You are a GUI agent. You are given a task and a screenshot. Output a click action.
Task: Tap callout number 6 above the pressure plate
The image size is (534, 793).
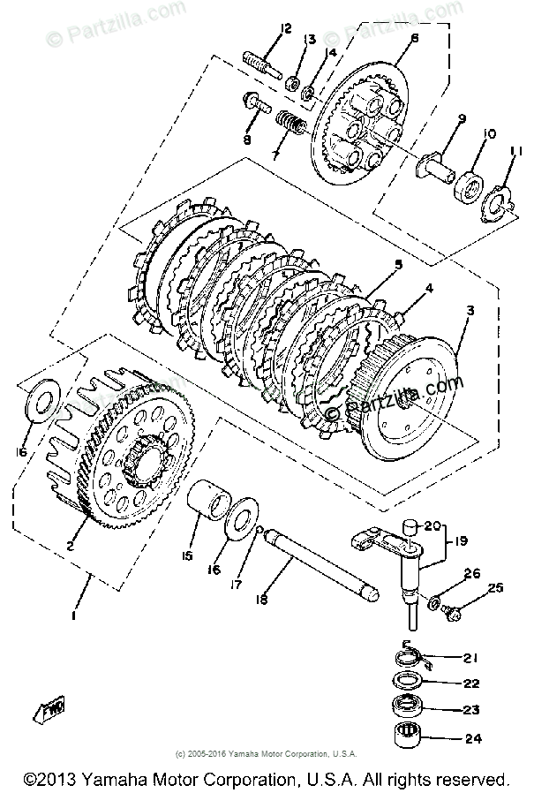coord(413,38)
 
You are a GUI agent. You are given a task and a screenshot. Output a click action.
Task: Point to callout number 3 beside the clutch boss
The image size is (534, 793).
coord(470,311)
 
